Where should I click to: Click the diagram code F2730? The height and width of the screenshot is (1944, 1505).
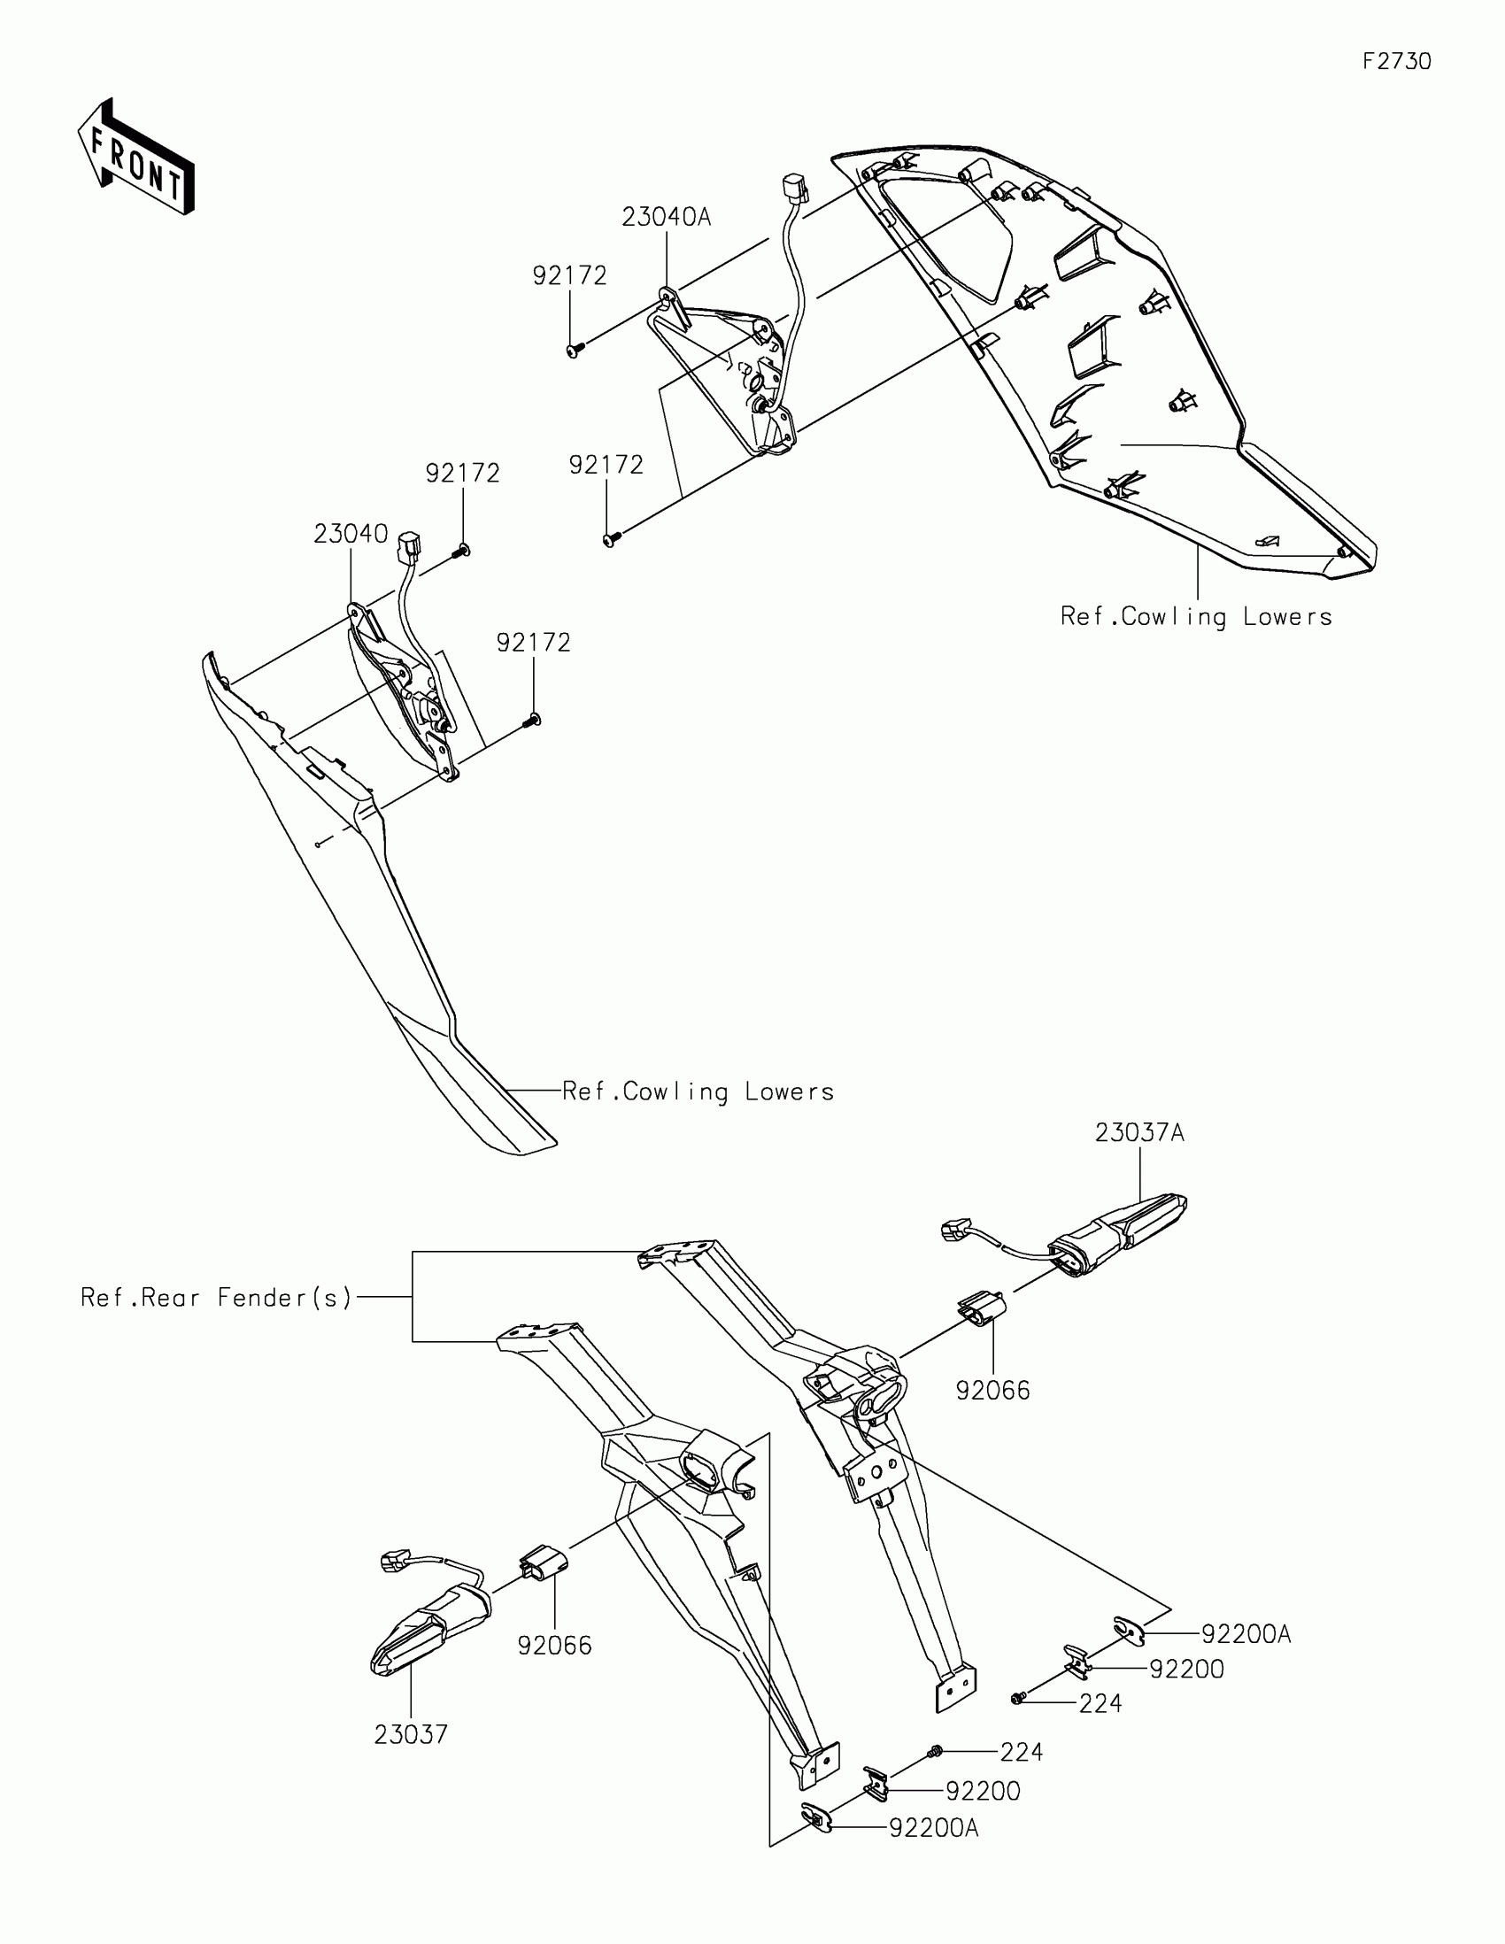pyautogui.click(x=1396, y=61)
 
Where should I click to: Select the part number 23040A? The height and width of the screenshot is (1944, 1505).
pyautogui.click(x=666, y=217)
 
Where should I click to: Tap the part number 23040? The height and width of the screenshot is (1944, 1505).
pyautogui.click(x=351, y=534)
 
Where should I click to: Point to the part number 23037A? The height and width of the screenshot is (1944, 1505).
pyautogui.click(x=1139, y=1133)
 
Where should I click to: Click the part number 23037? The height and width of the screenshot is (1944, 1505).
pyautogui.click(x=410, y=1735)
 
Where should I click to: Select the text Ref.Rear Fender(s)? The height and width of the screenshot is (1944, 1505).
pyautogui.click(x=216, y=1298)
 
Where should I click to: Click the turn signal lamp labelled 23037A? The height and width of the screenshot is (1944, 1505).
pyautogui.click(x=1118, y=1232)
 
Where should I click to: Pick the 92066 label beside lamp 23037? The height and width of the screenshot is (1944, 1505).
pyautogui.click(x=554, y=1646)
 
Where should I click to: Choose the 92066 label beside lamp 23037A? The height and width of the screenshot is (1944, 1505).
pyautogui.click(x=992, y=1391)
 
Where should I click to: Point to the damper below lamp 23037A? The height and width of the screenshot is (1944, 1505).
pyautogui.click(x=981, y=1309)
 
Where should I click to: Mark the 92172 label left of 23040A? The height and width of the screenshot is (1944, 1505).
pyautogui.click(x=569, y=276)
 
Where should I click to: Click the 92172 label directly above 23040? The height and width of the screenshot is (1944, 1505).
pyautogui.click(x=462, y=473)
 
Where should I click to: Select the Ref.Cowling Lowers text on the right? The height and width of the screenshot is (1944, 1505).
pyautogui.click(x=1196, y=617)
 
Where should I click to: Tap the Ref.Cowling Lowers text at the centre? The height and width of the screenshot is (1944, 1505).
pyautogui.click(x=698, y=1092)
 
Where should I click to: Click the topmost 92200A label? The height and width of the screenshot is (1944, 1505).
pyautogui.click(x=1246, y=1634)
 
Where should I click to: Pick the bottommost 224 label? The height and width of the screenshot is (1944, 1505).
pyautogui.click(x=1021, y=1752)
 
